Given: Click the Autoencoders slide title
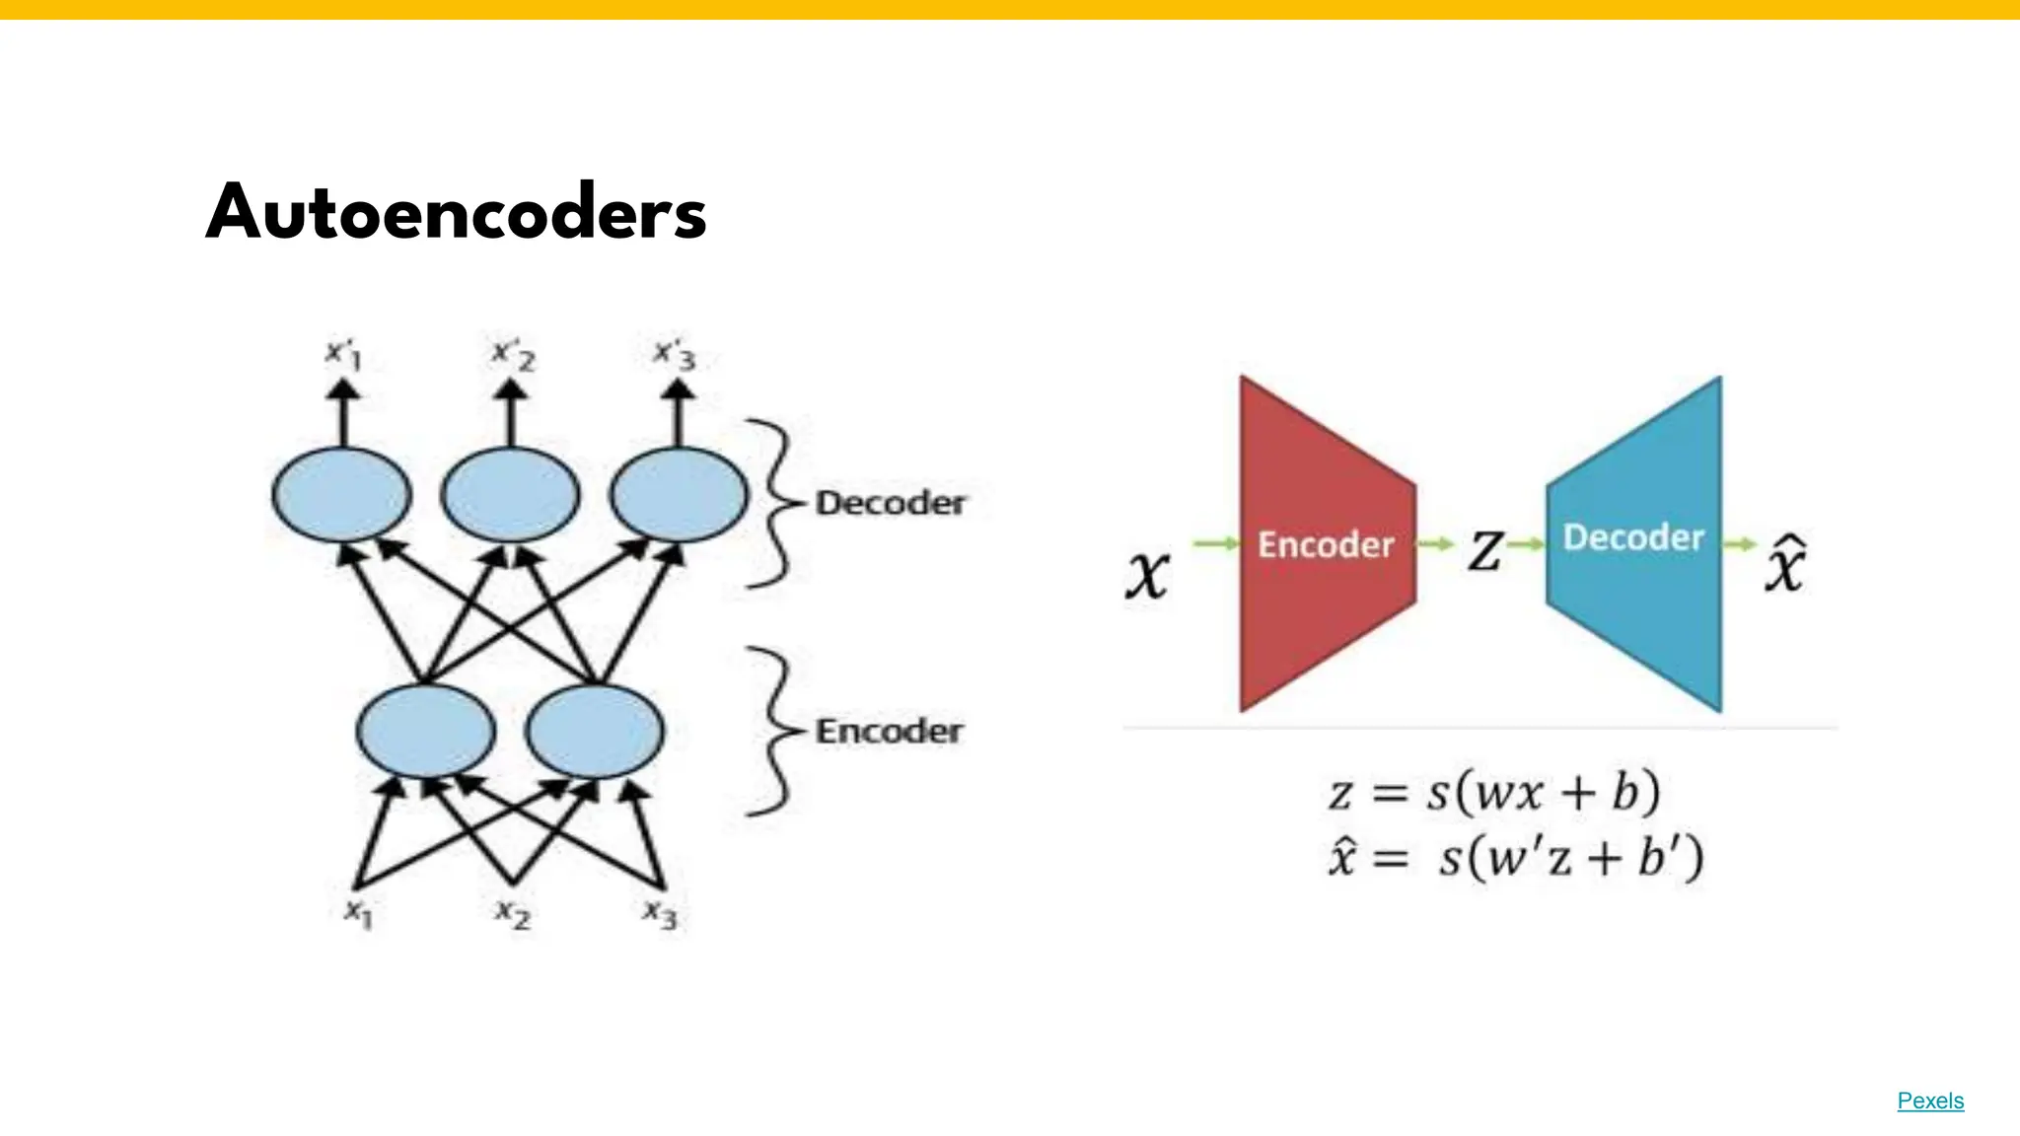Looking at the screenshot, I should click(456, 213).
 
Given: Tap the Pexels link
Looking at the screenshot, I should click(1929, 1100).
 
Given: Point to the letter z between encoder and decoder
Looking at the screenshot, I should click(1485, 550).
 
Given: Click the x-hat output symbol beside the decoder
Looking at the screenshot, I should click(1785, 564).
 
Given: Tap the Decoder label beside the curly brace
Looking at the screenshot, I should click(890, 503).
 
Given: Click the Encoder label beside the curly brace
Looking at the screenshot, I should click(889, 732).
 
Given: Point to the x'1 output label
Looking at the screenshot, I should click(344, 354).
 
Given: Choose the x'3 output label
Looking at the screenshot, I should click(676, 354).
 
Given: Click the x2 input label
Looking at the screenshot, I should click(513, 913).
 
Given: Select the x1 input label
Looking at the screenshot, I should click(358, 913).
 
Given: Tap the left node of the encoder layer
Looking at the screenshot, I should click(425, 732).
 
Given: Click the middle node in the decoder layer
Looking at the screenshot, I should click(510, 494).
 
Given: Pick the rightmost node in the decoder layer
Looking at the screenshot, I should click(679, 494).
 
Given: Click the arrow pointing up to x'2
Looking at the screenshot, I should click(510, 414).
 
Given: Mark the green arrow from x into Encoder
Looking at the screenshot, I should click(1215, 543).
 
